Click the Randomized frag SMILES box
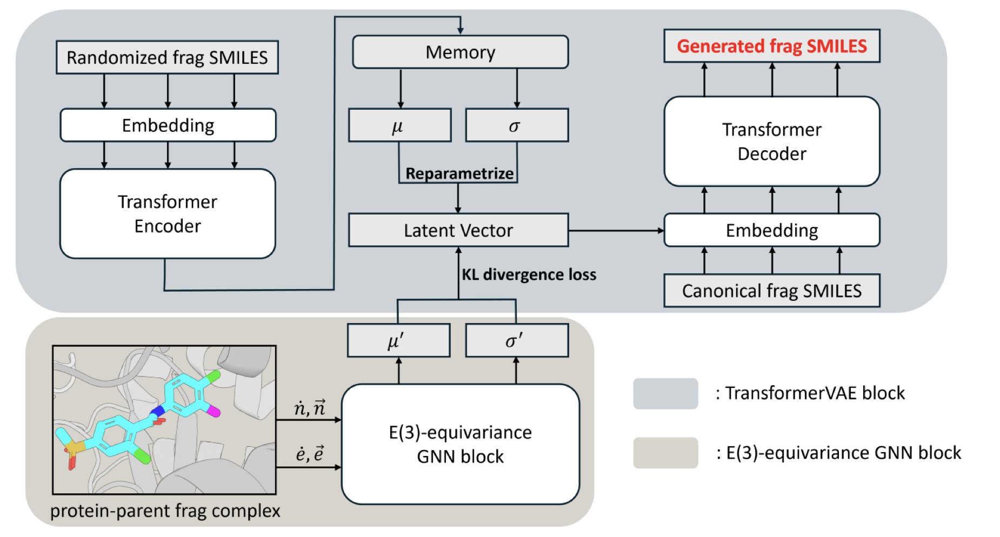(x=167, y=57)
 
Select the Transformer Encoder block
(x=168, y=214)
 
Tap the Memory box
(x=460, y=52)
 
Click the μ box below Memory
(x=399, y=126)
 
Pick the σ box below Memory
(x=516, y=126)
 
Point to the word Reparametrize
(x=459, y=173)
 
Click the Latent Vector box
(x=458, y=231)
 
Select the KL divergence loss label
(x=529, y=274)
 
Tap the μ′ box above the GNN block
(x=398, y=341)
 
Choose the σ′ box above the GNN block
(x=516, y=341)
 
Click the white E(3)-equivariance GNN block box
(x=460, y=444)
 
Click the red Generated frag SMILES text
(x=771, y=46)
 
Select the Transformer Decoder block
(x=771, y=142)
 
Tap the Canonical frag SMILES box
(x=771, y=291)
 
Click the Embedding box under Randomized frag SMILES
(x=168, y=125)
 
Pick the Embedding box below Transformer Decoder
(x=771, y=231)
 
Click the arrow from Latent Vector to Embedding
(x=616, y=231)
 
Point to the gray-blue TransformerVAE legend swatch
(x=665, y=393)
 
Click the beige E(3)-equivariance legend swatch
(x=665, y=453)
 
